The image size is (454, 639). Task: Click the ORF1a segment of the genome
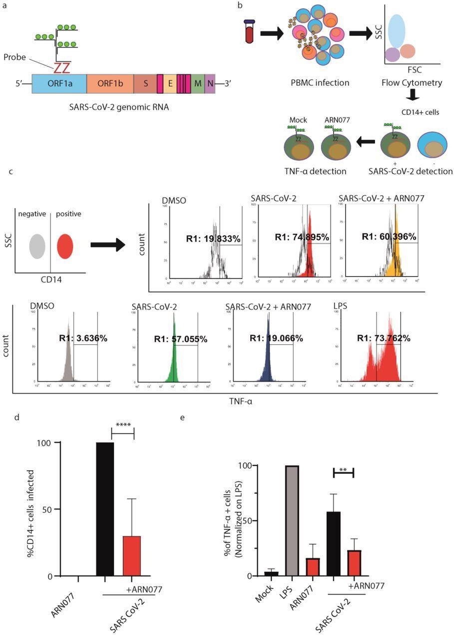tap(59, 85)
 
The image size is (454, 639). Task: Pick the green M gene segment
tap(198, 85)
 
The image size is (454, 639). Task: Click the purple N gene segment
tap(209, 85)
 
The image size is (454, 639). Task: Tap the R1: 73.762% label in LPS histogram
tap(384, 338)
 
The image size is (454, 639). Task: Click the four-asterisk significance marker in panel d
tap(122, 425)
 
